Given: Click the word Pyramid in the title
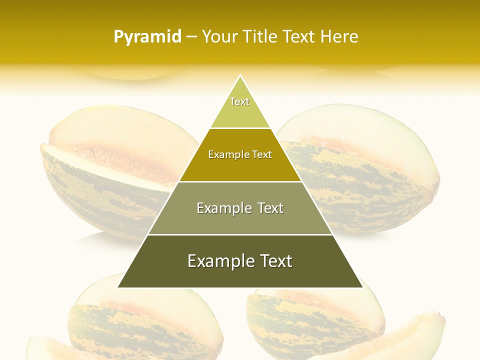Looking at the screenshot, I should click(x=147, y=37).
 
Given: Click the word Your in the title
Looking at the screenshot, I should click(x=219, y=37).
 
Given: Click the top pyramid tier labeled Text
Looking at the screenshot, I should click(x=240, y=107).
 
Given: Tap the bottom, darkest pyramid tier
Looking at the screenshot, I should click(x=240, y=270).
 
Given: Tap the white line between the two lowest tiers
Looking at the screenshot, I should click(x=240, y=234).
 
